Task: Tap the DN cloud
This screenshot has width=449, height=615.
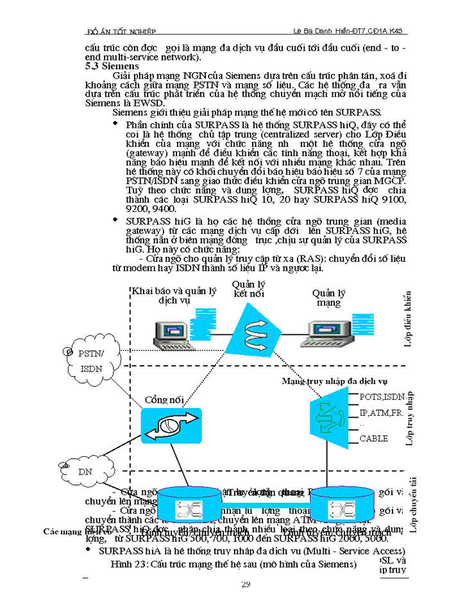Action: [83, 471]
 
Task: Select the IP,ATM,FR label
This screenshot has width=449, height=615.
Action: [380, 413]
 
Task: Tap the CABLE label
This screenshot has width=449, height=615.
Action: [373, 439]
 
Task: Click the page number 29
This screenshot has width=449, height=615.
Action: [246, 584]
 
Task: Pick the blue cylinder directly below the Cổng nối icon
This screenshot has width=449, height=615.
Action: [193, 504]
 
